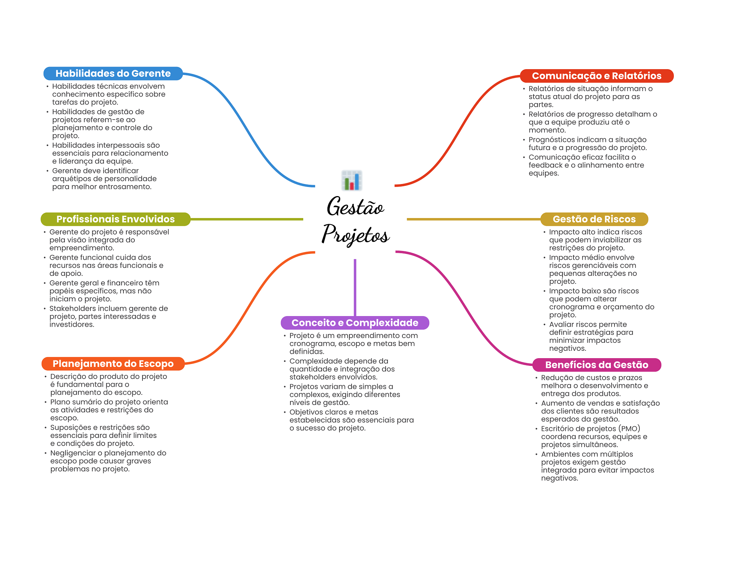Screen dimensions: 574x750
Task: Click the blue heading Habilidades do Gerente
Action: click(x=113, y=74)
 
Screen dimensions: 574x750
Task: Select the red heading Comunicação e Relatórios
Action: click(x=597, y=76)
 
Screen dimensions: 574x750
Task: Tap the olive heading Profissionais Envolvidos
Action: click(x=115, y=219)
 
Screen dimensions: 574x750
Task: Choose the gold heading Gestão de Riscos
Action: click(x=594, y=219)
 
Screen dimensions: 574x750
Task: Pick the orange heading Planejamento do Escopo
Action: click(x=113, y=364)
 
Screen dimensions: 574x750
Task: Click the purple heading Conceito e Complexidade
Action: click(x=354, y=323)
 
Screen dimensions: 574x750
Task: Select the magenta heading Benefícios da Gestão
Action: click(x=597, y=365)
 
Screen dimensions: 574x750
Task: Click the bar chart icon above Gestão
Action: click(x=352, y=180)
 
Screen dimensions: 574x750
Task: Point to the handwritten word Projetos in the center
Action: click(x=355, y=234)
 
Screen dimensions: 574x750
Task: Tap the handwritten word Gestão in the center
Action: click(x=355, y=207)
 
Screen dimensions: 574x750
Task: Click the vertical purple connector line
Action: click(x=355, y=287)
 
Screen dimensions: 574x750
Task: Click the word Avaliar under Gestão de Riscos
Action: click(x=561, y=324)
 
